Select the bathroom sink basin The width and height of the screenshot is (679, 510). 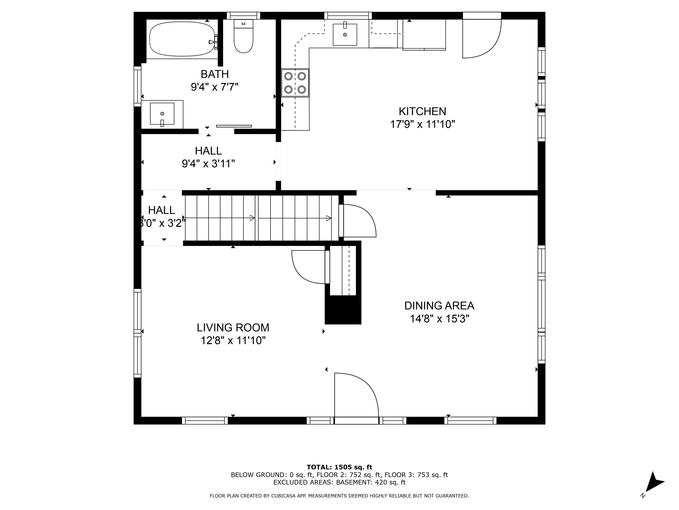[x=162, y=114]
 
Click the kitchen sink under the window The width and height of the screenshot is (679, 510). [x=345, y=35]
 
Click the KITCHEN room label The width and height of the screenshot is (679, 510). [x=422, y=111]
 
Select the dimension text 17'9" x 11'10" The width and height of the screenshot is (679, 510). [x=422, y=124]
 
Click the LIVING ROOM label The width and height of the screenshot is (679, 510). [x=233, y=328]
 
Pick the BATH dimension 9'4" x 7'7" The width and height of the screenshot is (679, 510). [x=215, y=87]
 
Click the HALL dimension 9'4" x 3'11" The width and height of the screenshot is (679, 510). [x=208, y=164]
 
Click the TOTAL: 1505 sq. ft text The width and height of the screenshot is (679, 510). [x=339, y=467]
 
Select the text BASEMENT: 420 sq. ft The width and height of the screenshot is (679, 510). [x=370, y=482]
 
